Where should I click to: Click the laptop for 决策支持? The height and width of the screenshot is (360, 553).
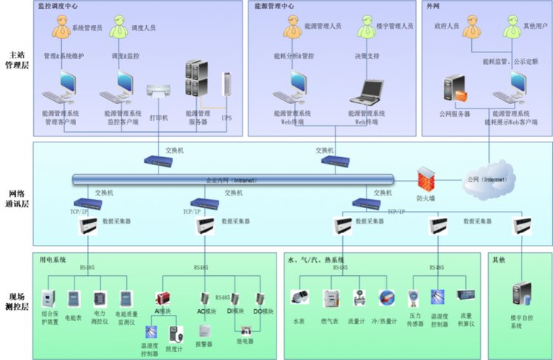click(367, 90)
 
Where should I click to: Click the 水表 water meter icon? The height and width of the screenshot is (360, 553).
click(299, 298)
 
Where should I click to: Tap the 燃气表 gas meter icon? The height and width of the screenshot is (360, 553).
click(331, 299)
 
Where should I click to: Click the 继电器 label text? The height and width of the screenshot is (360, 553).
click(245, 341)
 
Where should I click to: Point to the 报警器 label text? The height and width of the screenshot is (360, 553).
click(204, 344)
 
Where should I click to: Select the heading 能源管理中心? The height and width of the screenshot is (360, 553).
click(274, 6)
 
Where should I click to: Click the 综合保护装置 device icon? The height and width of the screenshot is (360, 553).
click(48, 298)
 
